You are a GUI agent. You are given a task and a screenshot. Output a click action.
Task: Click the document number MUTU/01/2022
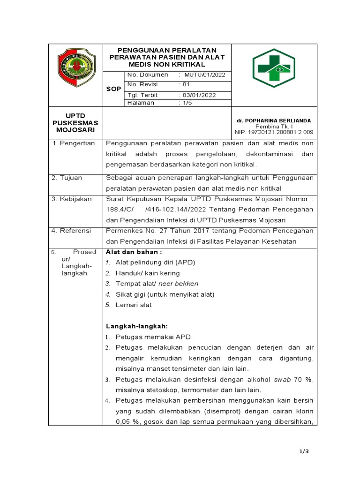point(205,75)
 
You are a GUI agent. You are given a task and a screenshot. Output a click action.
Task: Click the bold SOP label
point(113,89)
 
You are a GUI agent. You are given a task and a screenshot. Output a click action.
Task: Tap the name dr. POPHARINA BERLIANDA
point(275,120)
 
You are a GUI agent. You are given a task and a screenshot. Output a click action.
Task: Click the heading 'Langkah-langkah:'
point(136,326)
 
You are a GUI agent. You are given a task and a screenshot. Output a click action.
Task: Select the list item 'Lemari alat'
point(134,305)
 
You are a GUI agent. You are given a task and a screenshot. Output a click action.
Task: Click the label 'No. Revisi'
point(142,84)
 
